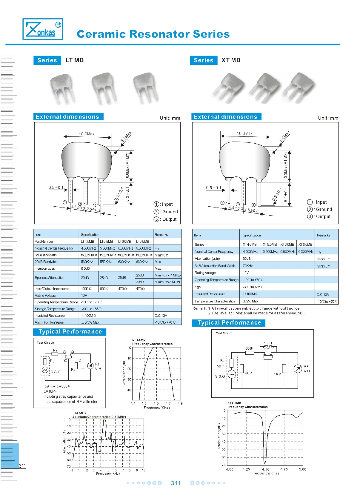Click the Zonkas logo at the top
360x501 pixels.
(43, 29)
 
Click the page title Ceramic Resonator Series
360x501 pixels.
(153, 34)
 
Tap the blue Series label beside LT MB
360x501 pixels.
(47, 60)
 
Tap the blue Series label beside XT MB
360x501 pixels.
(204, 60)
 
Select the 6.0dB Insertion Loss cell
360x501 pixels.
(85, 268)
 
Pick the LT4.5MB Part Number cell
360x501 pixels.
(87, 241)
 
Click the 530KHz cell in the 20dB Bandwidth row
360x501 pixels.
(86, 262)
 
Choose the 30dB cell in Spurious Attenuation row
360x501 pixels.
(140, 282)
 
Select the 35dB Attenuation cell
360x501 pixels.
(247, 259)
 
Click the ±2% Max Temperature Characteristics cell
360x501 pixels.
(250, 301)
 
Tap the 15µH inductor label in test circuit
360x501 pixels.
(267, 343)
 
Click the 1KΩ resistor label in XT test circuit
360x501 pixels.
(277, 374)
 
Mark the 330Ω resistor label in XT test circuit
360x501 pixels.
(250, 348)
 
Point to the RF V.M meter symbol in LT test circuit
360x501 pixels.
(90, 366)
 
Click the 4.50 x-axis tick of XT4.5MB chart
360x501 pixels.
(265, 469)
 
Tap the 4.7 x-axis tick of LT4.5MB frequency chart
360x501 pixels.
(168, 403)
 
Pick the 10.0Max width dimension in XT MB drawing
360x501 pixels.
(244, 133)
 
